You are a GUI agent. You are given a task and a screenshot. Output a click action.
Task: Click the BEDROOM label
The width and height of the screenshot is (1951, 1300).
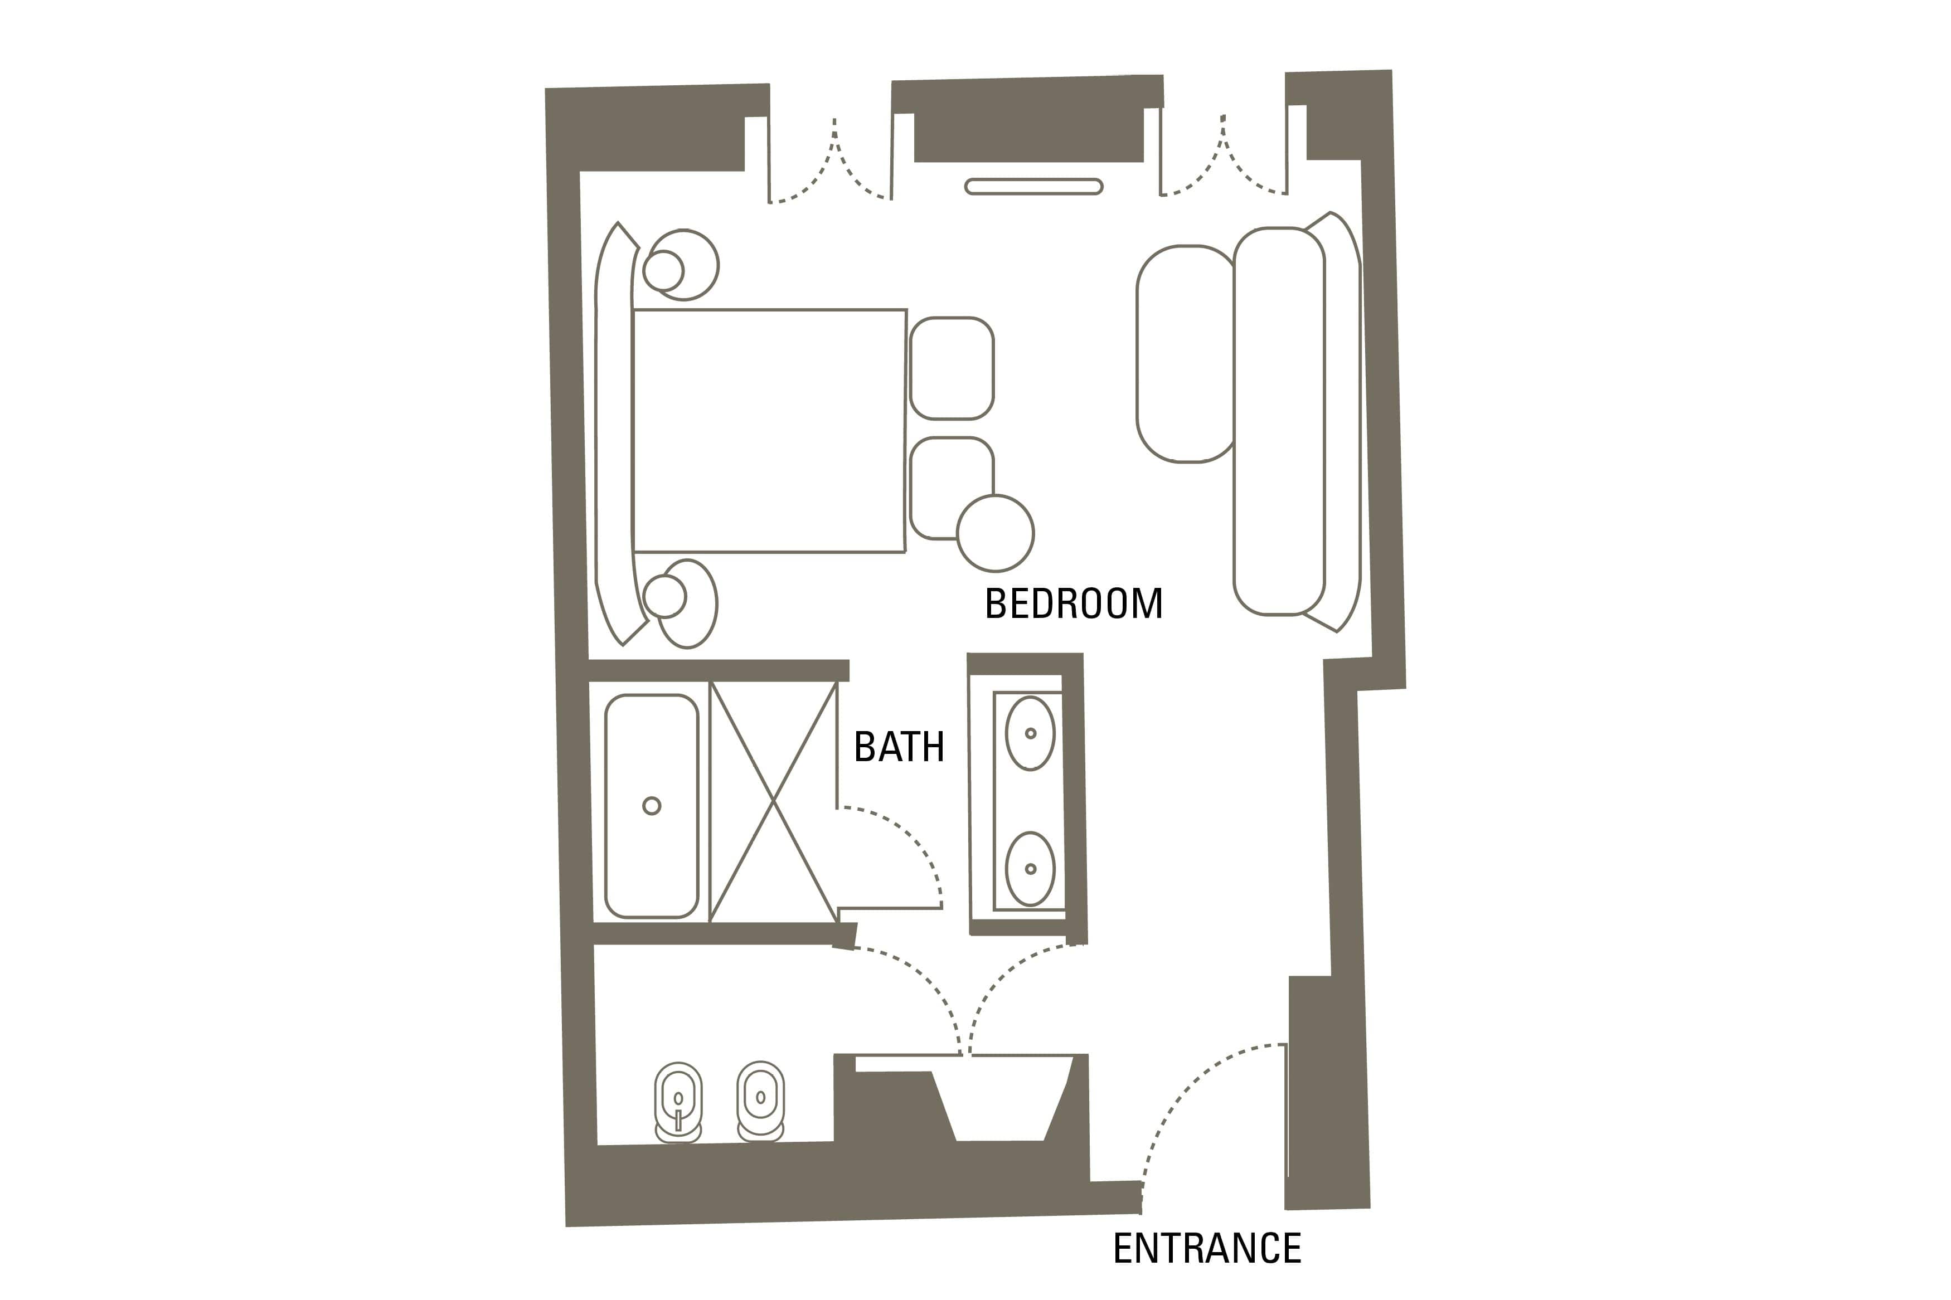click(1073, 603)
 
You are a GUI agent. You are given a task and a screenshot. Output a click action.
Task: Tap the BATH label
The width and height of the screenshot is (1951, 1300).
click(899, 747)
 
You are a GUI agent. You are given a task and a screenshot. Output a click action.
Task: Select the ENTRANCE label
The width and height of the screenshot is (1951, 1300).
click(1206, 1249)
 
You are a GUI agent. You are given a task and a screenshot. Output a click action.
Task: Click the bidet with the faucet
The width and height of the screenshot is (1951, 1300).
click(678, 1102)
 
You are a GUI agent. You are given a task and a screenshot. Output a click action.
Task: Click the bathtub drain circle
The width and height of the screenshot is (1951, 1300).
click(652, 805)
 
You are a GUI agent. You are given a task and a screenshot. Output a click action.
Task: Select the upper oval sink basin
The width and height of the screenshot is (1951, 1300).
click(1030, 733)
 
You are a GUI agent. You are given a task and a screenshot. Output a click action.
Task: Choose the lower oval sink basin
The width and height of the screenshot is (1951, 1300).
click(1030, 869)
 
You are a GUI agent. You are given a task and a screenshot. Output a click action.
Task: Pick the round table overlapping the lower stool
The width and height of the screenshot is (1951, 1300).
click(995, 533)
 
